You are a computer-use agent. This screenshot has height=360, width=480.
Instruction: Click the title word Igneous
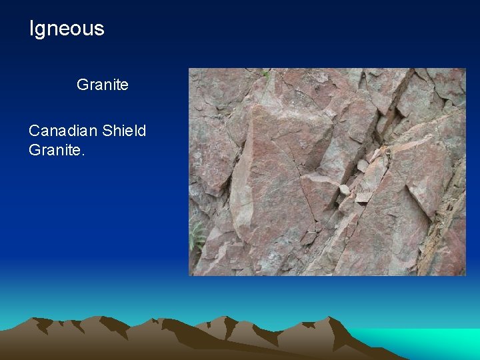(67, 29)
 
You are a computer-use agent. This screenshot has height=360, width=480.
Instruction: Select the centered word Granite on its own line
(103, 85)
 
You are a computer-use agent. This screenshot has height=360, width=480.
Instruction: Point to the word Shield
(124, 130)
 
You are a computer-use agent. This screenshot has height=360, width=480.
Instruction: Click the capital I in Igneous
(31, 29)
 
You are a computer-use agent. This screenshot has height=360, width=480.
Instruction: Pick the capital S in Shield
(107, 130)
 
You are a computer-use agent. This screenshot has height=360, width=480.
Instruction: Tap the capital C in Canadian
(34, 130)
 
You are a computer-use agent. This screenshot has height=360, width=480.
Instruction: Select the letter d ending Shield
(141, 130)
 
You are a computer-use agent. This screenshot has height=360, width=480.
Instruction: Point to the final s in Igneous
(100, 29)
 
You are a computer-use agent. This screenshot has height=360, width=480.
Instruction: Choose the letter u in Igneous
(90, 29)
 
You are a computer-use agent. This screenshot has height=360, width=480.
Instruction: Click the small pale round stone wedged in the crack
(344, 189)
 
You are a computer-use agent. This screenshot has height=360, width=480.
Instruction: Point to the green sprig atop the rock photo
(267, 73)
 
